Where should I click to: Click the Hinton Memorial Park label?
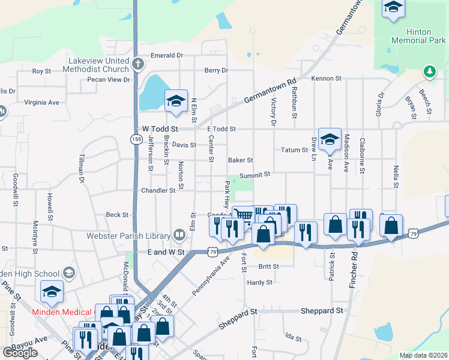coord(418,36)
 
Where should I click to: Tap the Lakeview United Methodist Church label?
coord(98,65)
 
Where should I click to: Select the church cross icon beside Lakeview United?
coord(138,63)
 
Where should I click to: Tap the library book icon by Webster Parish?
coord(179,235)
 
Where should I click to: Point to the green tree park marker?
coord(429,72)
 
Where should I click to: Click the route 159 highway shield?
coord(137,139)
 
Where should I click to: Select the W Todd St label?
coord(161,129)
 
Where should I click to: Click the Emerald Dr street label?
coord(166,55)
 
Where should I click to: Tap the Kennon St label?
coord(326,79)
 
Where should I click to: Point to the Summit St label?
coord(256,175)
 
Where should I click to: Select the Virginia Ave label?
coord(41,103)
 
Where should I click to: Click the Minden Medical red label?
coord(62,312)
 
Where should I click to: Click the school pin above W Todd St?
coord(176,101)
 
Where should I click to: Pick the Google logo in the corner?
coord(20,353)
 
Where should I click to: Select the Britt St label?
coord(268,266)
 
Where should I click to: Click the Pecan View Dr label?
coord(109,79)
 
